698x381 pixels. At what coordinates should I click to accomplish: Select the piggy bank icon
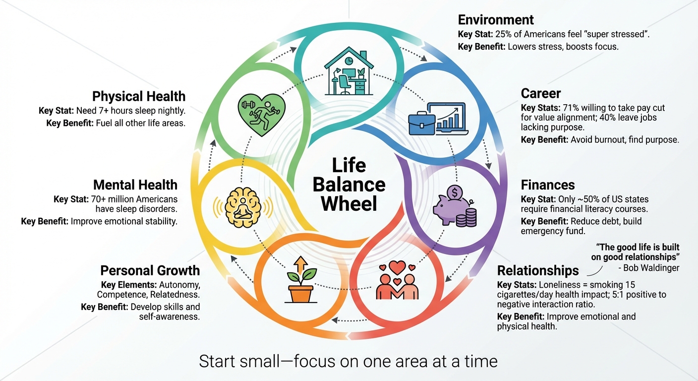(450, 205)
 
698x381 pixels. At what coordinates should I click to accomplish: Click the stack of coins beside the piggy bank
(466, 218)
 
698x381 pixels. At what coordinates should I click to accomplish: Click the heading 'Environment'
(496, 20)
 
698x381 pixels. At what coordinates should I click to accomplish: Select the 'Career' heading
(541, 93)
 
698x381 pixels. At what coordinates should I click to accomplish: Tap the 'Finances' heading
(548, 185)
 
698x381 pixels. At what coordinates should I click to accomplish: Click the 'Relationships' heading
(538, 270)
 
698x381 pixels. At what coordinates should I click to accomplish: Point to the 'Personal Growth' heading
(150, 270)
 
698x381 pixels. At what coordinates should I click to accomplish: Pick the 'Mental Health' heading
(135, 185)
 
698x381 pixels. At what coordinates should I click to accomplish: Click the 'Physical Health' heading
(139, 96)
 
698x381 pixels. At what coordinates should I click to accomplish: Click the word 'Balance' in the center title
(349, 185)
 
